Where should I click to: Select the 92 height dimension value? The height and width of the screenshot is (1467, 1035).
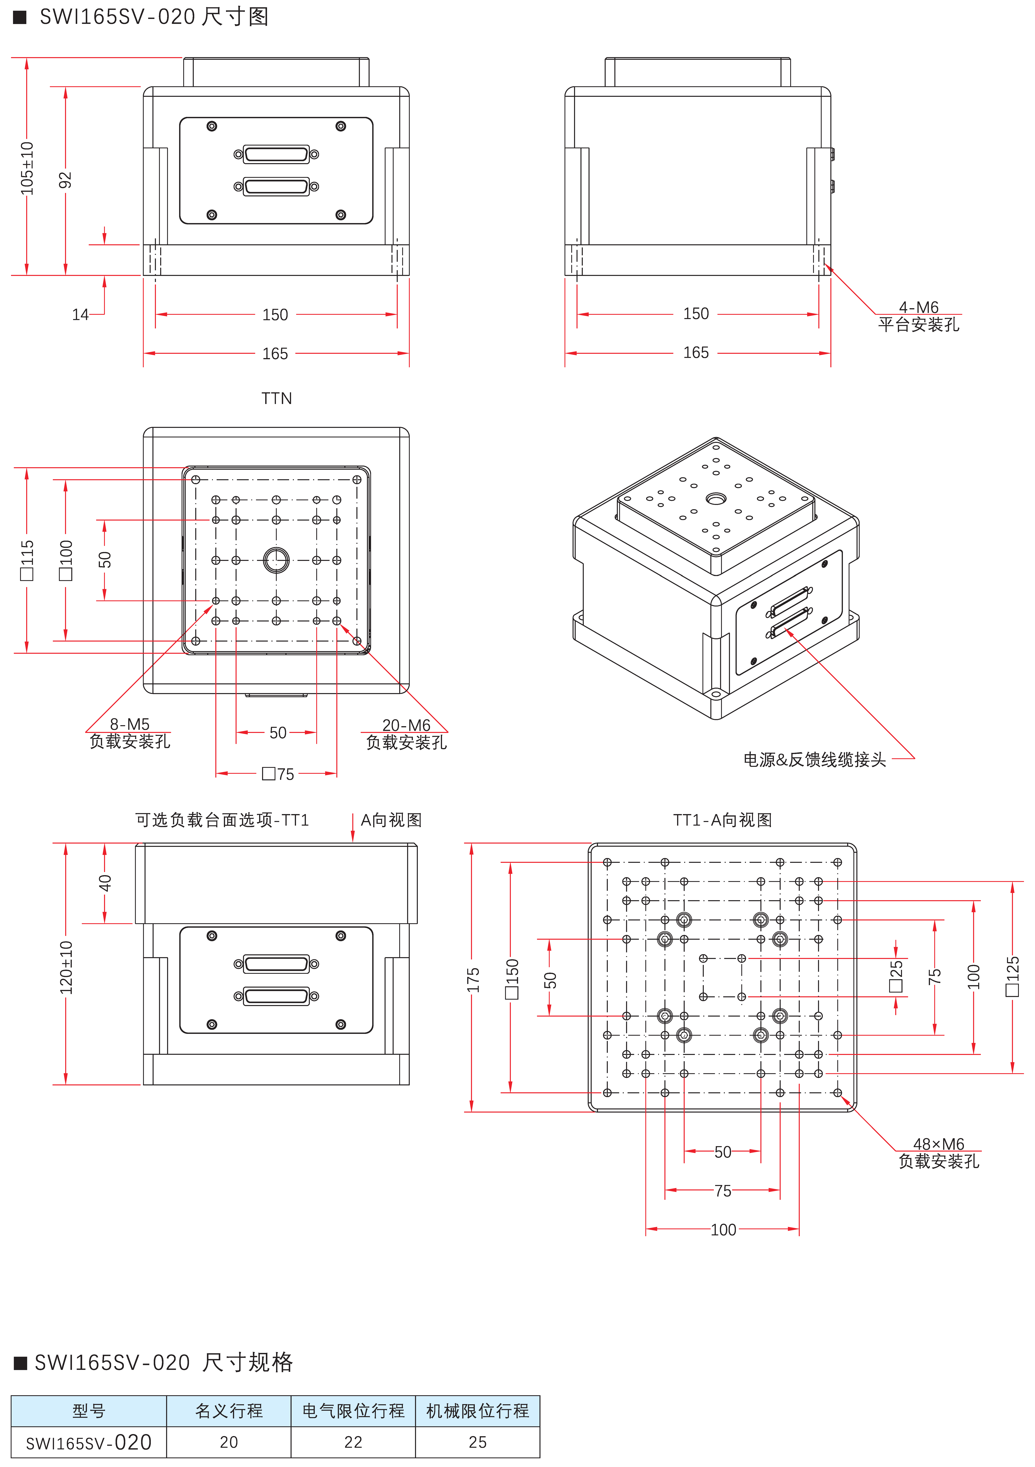(65, 180)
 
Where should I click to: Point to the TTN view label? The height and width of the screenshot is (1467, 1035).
(277, 399)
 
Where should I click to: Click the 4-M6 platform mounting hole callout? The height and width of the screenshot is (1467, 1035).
(919, 307)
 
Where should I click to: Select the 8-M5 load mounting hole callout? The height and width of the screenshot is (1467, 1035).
(130, 724)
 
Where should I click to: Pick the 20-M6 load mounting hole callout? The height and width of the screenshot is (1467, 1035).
(406, 725)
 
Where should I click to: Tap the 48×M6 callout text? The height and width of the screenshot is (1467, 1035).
(939, 1144)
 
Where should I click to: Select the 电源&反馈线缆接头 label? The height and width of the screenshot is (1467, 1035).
(815, 760)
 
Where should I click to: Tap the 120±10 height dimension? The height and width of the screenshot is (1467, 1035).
(66, 968)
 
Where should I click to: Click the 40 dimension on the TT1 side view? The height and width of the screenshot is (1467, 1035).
(105, 883)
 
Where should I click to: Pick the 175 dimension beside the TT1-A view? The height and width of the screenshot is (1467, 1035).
(473, 980)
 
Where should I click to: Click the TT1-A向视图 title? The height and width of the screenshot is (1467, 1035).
(723, 820)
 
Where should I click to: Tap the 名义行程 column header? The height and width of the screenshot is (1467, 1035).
(229, 1411)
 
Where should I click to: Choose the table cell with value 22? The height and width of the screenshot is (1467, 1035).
(353, 1442)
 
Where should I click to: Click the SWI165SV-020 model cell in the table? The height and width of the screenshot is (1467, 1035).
(89, 1442)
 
